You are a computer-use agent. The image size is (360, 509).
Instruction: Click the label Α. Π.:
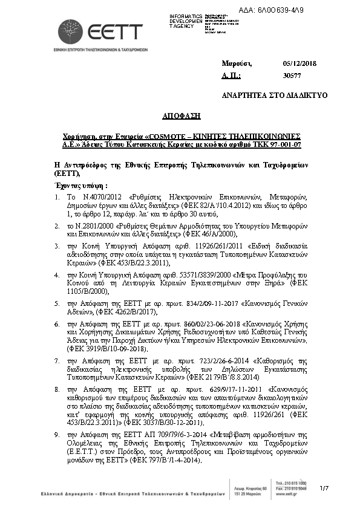232,76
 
